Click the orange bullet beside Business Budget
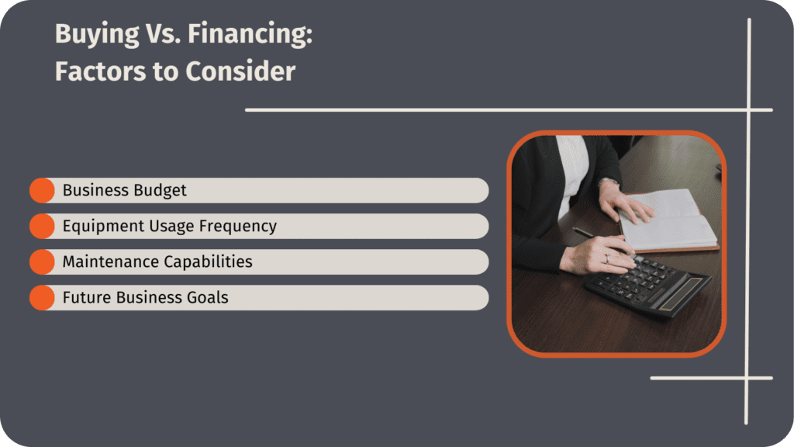click(x=42, y=190)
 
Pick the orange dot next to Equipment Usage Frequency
click(x=42, y=226)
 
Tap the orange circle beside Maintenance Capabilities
click(x=42, y=262)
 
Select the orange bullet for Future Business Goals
click(x=42, y=297)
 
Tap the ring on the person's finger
click(x=606, y=258)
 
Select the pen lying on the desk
click(x=583, y=232)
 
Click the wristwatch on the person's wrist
click(x=609, y=183)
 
